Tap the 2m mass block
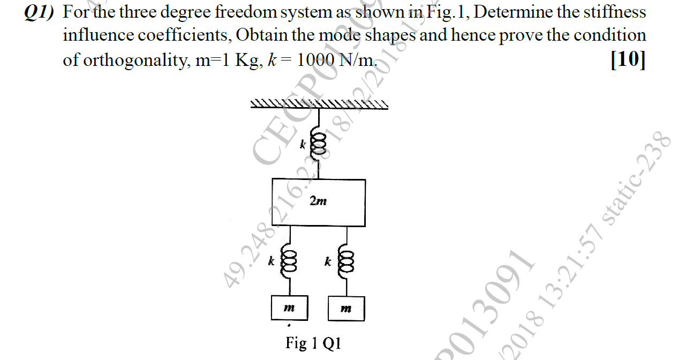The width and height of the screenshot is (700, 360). pos(319,202)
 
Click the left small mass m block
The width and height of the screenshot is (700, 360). pos(289,309)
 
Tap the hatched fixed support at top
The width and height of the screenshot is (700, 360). pos(320,103)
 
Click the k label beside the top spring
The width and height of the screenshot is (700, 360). pos(303,144)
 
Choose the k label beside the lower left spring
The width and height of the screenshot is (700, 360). pos(272,262)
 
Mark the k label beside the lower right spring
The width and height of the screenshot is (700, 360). pos(327,262)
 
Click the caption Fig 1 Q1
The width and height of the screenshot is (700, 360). pos(313,343)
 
